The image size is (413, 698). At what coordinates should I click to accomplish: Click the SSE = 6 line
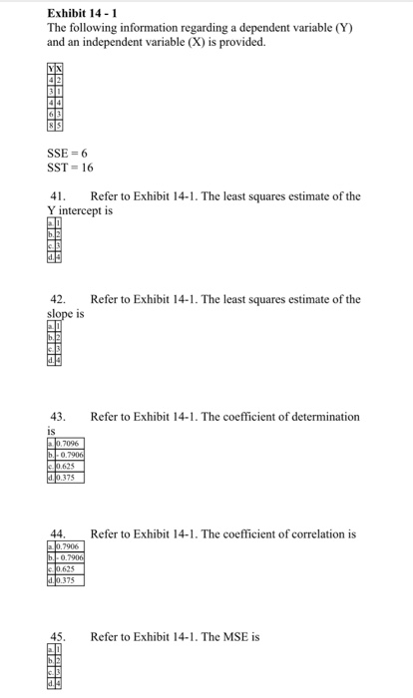coord(68,155)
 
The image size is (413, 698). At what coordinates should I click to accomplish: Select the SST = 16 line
coord(71,169)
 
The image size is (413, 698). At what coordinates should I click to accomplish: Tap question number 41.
coord(58,196)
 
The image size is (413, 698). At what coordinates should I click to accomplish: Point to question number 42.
coord(58,300)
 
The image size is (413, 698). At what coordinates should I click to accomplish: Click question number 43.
coord(58,416)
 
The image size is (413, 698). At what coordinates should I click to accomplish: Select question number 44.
coord(58,533)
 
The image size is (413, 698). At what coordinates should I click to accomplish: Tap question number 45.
coord(58,636)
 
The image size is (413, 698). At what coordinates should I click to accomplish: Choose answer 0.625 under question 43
coord(68,465)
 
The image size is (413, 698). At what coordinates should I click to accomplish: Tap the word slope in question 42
coord(62,312)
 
